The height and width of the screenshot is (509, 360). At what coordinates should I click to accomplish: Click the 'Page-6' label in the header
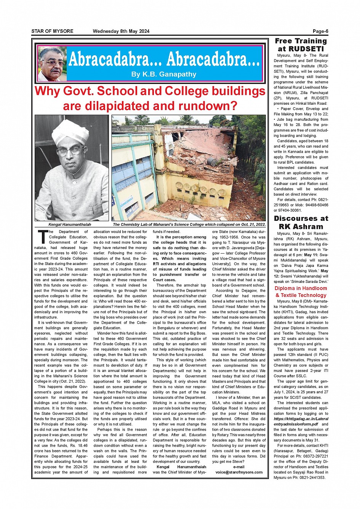point(320,31)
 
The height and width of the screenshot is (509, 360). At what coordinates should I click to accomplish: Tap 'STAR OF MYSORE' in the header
point(52,31)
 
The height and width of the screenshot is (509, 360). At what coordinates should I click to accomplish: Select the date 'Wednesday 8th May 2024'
point(121,31)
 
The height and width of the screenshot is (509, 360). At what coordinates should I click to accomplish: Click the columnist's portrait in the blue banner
point(52,64)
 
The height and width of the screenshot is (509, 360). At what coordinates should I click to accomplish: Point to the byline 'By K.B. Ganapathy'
point(164,74)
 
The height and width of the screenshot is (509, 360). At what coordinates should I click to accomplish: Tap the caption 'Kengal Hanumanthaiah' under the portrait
point(70,225)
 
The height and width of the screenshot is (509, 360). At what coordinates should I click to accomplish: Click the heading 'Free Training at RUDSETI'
point(301,45)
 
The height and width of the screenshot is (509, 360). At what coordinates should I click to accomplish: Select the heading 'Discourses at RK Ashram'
point(301,222)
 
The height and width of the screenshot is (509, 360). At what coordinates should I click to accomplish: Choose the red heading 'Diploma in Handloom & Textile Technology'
point(301,292)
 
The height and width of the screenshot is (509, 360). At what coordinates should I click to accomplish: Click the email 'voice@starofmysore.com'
point(239,472)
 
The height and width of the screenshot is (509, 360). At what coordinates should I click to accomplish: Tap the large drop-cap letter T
point(42,236)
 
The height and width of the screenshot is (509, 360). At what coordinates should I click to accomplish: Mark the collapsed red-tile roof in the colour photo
point(198,152)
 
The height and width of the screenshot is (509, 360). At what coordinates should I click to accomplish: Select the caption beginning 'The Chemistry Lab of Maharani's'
point(189,225)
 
